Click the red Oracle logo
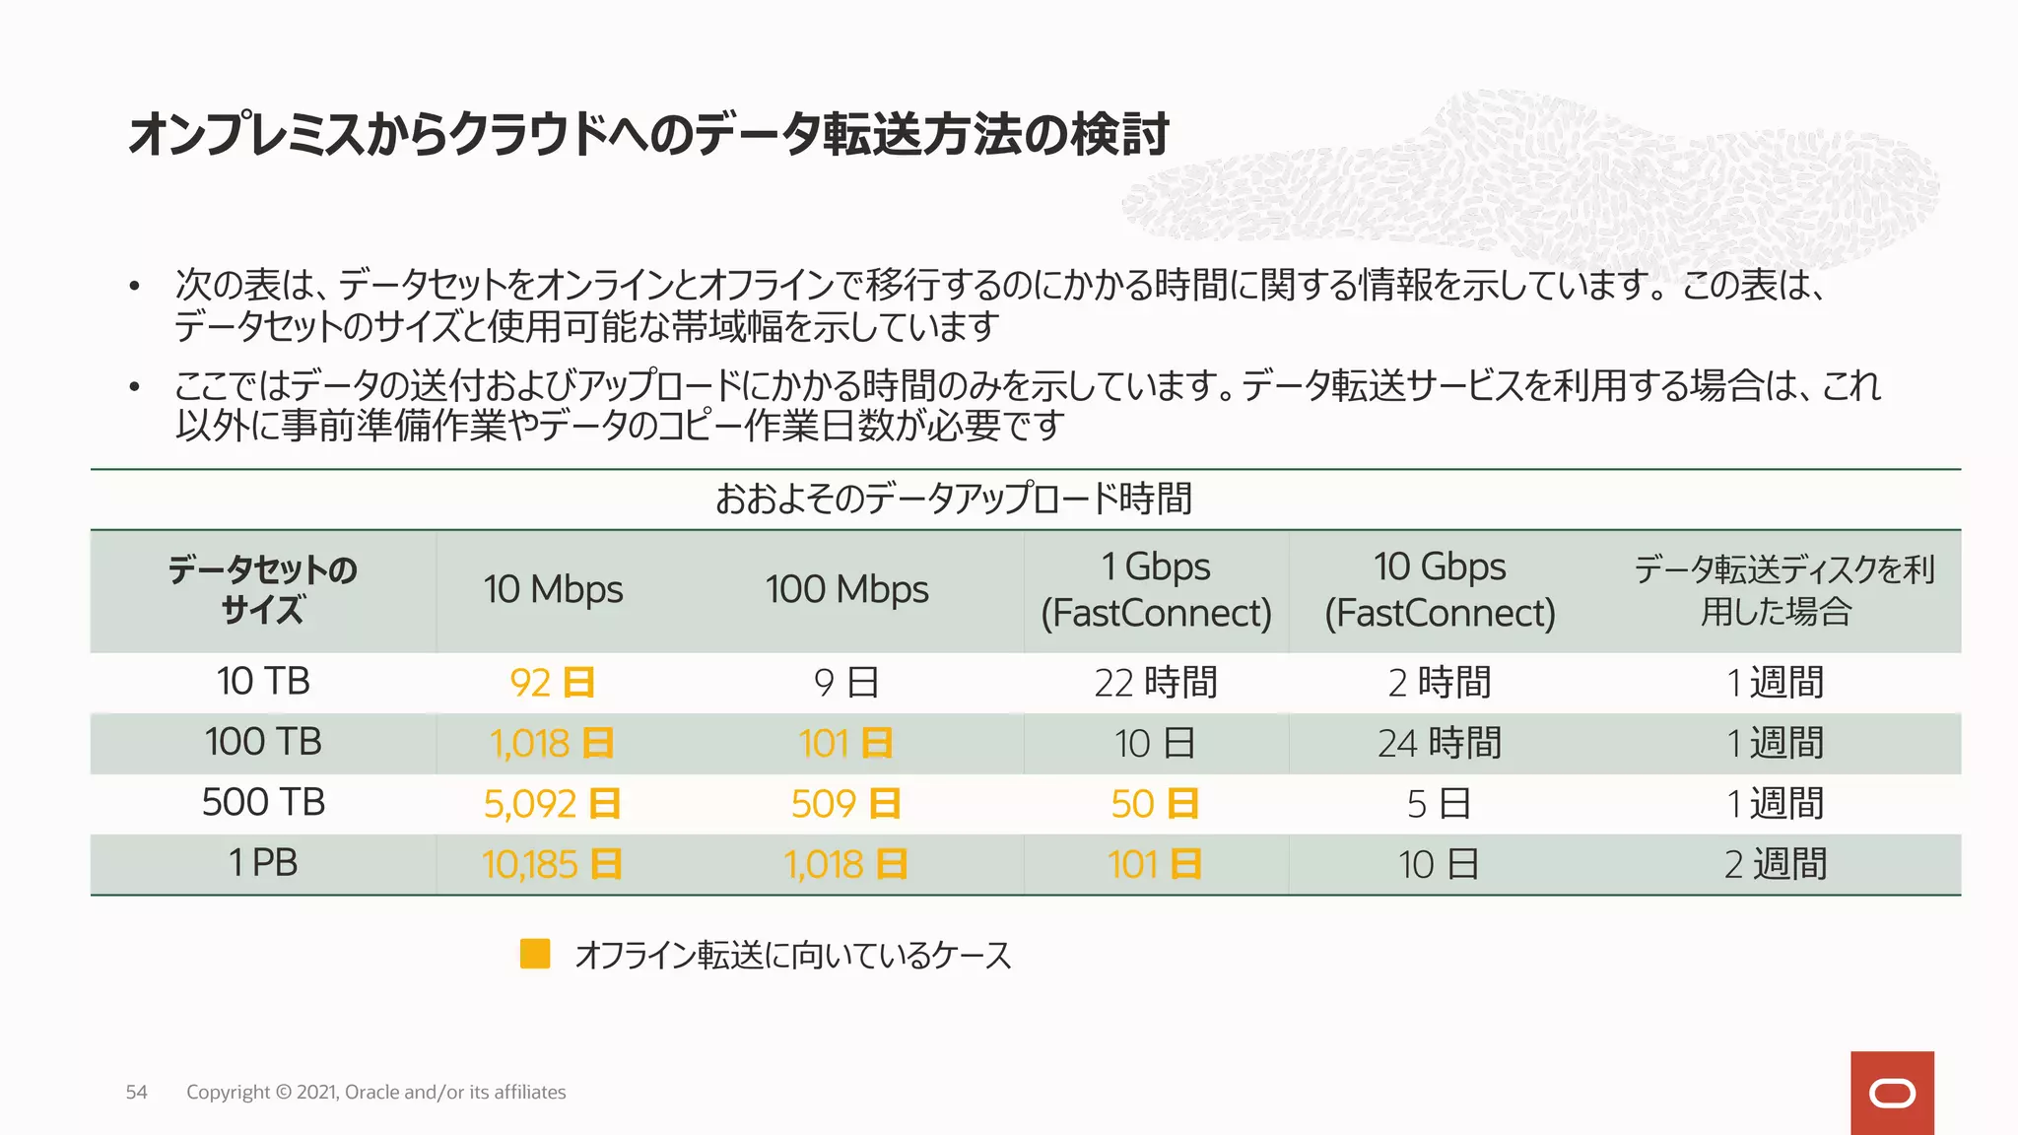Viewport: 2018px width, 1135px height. click(1892, 1093)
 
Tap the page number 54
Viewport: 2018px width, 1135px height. click(136, 1092)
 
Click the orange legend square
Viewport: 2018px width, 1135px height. click(535, 954)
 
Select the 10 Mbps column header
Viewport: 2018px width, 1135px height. click(553, 589)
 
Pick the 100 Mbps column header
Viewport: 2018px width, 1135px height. click(846, 589)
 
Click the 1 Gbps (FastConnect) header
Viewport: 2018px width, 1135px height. click(1156, 589)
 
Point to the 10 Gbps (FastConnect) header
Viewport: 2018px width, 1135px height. click(1440, 589)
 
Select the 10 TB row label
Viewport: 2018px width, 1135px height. click(263, 681)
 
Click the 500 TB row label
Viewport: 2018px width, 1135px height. click(263, 802)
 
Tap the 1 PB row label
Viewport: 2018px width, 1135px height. click(263, 863)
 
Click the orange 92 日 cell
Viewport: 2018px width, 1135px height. click(553, 682)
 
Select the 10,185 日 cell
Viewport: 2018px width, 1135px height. click(553, 864)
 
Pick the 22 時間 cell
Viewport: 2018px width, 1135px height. click(1156, 682)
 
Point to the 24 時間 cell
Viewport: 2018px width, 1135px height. click(1440, 743)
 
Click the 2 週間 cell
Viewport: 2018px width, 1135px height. click(1776, 864)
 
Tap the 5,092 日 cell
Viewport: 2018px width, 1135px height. click(553, 804)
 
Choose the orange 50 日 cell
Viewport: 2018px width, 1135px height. click(1155, 804)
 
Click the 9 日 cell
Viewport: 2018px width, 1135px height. click(846, 682)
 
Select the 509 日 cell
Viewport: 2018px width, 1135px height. click(846, 804)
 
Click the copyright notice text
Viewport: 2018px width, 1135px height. click(375, 1092)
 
